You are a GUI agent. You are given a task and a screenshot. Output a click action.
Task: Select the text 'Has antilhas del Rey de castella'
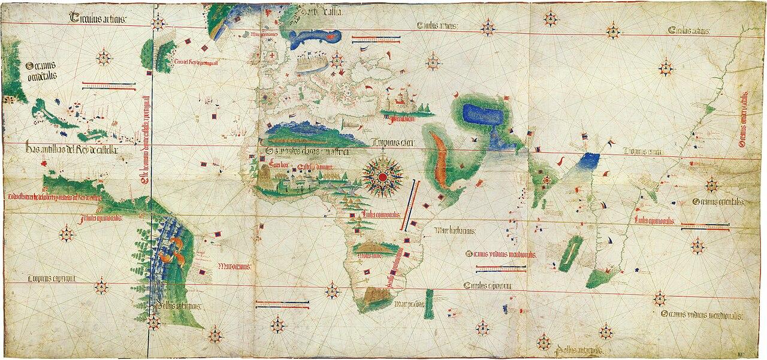pyautogui.click(x=71, y=149)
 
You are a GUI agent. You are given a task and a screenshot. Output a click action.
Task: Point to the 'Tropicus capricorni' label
pyautogui.click(x=51, y=279)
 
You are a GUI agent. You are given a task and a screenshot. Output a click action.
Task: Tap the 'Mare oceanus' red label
pyautogui.click(x=234, y=266)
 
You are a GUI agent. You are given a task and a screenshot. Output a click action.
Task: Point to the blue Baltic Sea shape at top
pyautogui.click(x=314, y=40)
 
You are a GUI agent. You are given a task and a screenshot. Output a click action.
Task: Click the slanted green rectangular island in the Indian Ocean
pyautogui.click(x=572, y=250)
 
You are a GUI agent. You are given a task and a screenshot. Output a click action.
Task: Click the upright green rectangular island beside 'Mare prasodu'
pyautogui.click(x=429, y=299)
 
